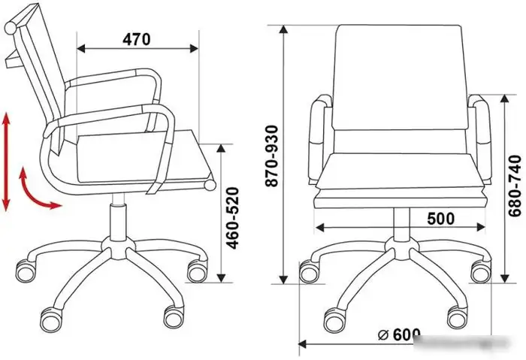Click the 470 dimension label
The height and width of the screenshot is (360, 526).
(x=137, y=40)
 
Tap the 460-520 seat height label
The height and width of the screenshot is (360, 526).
(x=232, y=218)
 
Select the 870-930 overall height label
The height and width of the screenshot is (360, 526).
(x=271, y=156)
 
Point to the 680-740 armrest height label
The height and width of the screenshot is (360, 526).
(x=515, y=186)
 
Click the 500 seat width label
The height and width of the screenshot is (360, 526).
(x=441, y=219)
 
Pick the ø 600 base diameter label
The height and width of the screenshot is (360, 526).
(x=399, y=334)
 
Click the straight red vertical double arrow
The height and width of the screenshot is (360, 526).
(x=6, y=162)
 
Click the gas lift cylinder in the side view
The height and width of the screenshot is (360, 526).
(x=118, y=222)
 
